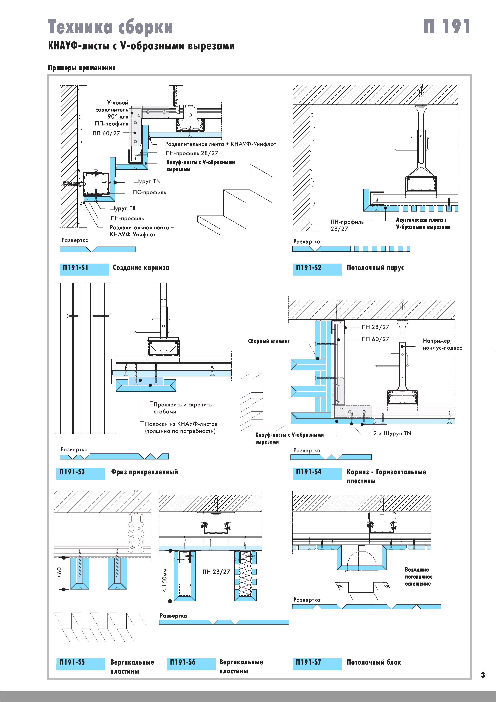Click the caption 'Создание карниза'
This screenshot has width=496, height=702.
(141, 268)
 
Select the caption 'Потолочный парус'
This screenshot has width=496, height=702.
(375, 268)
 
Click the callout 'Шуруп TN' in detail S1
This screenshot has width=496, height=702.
(147, 181)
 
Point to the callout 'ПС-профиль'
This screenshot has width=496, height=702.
(149, 192)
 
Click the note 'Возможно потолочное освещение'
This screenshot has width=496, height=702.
(418, 577)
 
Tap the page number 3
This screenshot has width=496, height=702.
(483, 675)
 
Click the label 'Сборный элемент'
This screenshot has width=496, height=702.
(269, 341)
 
